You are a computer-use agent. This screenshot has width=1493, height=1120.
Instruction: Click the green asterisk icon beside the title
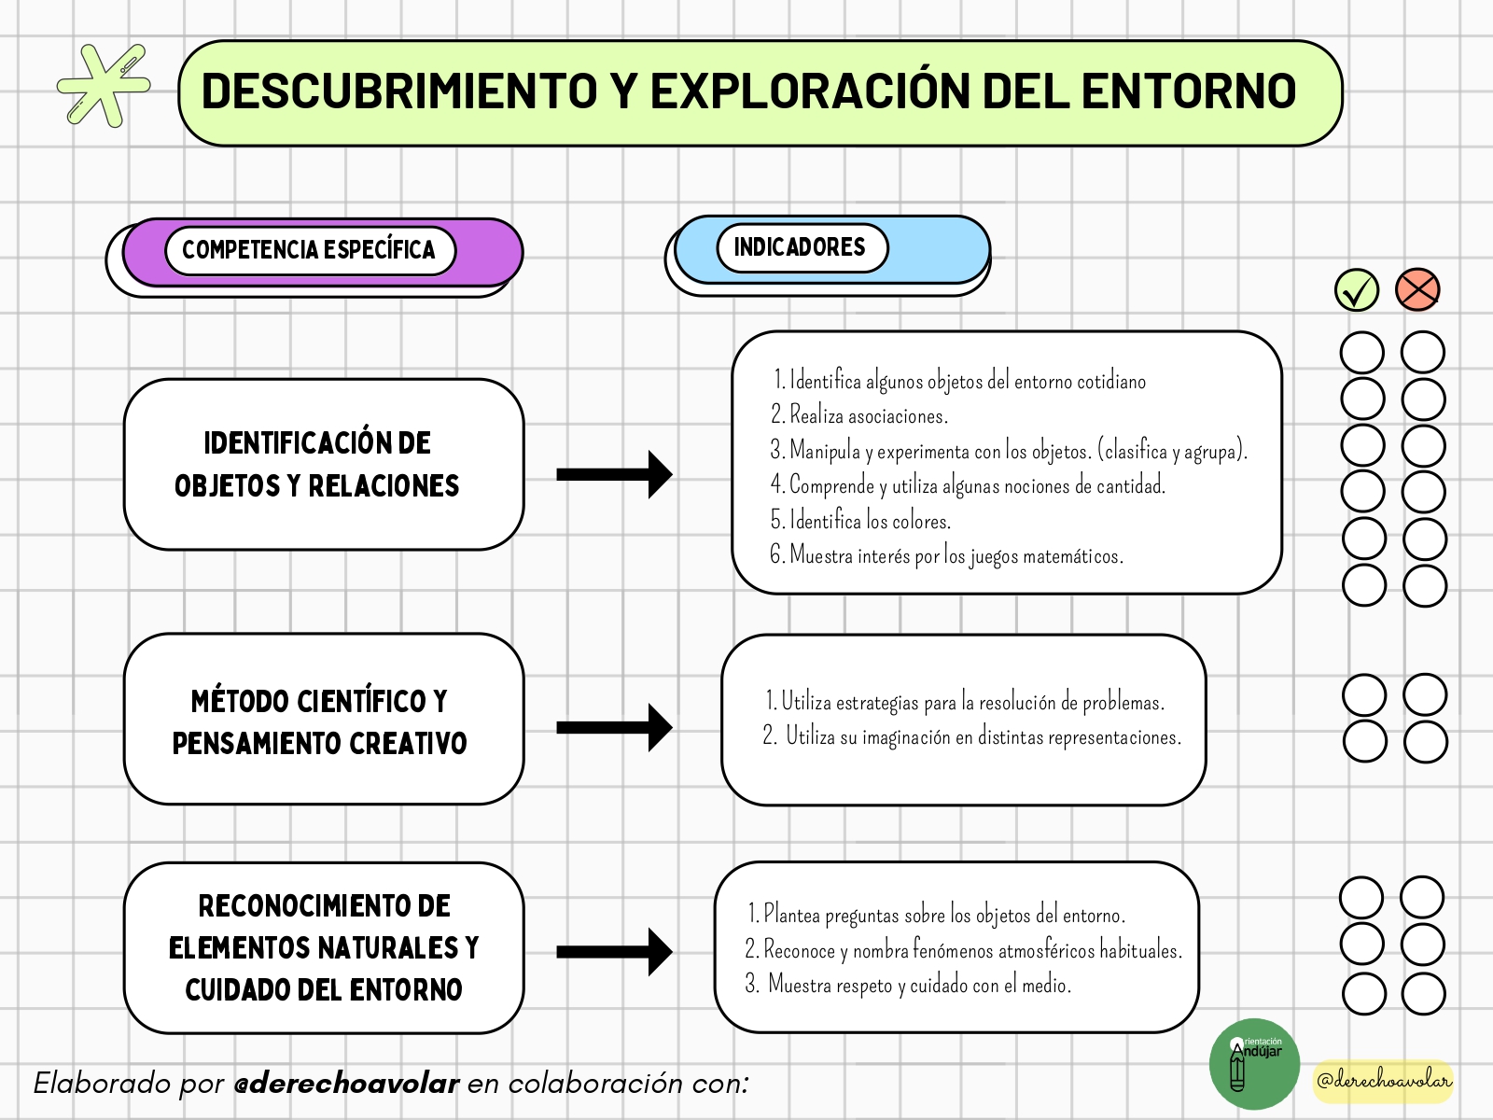point(104,86)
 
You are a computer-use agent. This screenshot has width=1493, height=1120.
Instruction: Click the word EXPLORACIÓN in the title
point(809,91)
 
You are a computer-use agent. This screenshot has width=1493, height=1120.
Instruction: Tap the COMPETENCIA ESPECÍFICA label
point(309,250)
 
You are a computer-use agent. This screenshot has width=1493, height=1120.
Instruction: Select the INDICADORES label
point(800,246)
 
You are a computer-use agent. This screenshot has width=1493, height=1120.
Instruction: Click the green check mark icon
point(1356,290)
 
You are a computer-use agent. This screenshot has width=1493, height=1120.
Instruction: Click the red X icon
point(1416,290)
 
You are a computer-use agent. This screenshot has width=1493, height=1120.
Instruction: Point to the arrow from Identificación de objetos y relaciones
point(614,474)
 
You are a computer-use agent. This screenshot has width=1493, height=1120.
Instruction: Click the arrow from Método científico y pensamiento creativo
point(614,728)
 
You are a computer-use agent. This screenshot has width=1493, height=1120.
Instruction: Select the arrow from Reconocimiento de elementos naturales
point(614,952)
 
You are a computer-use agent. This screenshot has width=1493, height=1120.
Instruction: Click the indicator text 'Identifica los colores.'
point(860,521)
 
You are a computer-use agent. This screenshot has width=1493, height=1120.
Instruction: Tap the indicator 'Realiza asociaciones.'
point(859,415)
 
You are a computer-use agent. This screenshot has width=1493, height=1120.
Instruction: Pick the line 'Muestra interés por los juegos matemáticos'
point(946,556)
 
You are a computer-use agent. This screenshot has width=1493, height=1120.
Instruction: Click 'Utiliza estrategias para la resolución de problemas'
point(965,702)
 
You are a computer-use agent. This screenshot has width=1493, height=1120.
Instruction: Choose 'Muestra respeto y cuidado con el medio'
point(909,985)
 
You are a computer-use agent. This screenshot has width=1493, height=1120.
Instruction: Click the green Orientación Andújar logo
point(1254,1064)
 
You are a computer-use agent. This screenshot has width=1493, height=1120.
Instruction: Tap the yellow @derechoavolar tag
point(1383,1081)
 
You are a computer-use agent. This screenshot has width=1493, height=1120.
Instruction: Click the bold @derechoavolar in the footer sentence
point(346,1084)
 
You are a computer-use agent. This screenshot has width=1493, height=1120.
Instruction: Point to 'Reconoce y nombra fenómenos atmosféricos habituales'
point(964,950)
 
